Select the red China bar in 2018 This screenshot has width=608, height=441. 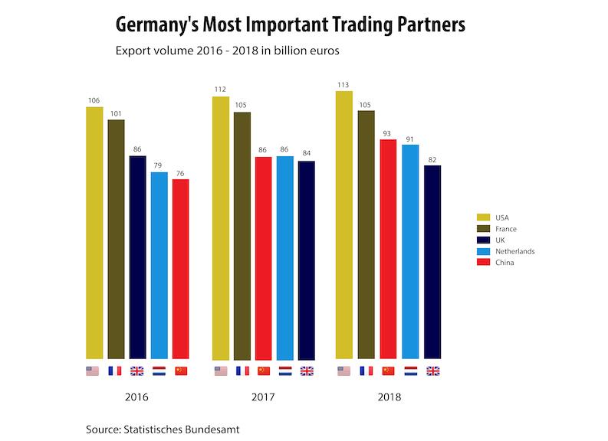388,249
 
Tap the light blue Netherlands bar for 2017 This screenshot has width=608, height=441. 284,257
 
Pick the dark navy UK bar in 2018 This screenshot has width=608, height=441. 432,262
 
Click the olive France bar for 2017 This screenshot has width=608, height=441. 242,235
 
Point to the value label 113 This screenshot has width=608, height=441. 343,85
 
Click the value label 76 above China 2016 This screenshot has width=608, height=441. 180,173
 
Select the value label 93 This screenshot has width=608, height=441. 388,133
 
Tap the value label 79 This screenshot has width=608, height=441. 159,165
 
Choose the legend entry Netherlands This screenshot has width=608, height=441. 515,251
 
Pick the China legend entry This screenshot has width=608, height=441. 504,263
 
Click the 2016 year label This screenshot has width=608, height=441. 136,398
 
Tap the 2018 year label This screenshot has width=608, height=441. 389,398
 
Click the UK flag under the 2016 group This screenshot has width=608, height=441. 137,371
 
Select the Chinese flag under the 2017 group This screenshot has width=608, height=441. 263,371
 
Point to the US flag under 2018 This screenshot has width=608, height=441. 344,371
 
